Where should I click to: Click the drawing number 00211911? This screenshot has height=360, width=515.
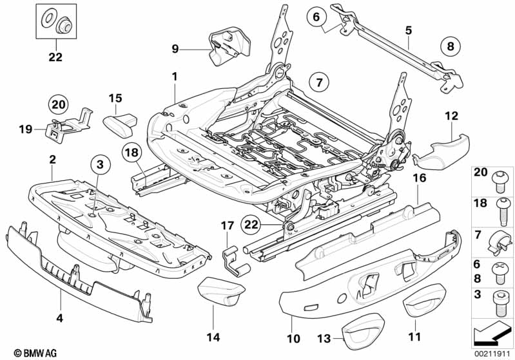[491, 352]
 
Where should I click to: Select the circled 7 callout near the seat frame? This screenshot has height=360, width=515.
[318, 82]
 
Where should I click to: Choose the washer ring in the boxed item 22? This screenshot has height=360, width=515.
[47, 17]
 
